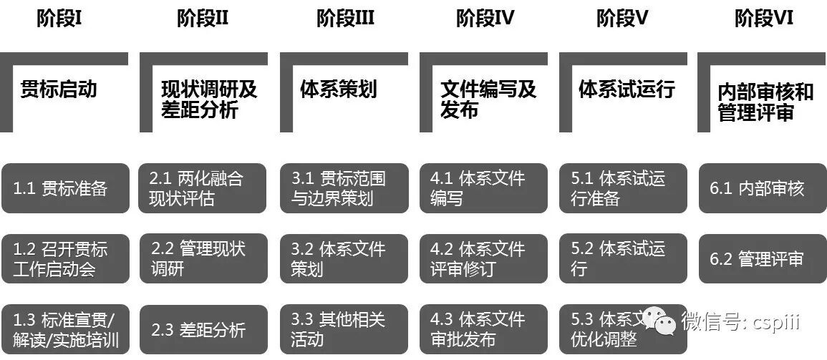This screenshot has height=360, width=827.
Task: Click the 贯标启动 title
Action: click(58, 89)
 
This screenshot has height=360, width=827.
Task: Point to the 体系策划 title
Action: click(338, 89)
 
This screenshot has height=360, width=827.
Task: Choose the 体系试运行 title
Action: click(627, 89)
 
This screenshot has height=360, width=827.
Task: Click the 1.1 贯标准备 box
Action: click(65, 188)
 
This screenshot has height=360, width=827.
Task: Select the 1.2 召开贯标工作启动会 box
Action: click(65, 259)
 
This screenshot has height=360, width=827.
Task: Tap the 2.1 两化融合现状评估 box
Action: click(202, 188)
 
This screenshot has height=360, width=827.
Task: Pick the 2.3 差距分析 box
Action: click(202, 329)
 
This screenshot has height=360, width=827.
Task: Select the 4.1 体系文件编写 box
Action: click(483, 188)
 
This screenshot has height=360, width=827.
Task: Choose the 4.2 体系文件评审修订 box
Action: click(483, 259)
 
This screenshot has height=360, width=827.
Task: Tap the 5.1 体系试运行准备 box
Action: click(624, 188)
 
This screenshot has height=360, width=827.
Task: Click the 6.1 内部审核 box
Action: click(762, 188)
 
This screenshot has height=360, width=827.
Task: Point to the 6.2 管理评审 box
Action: click(762, 259)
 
